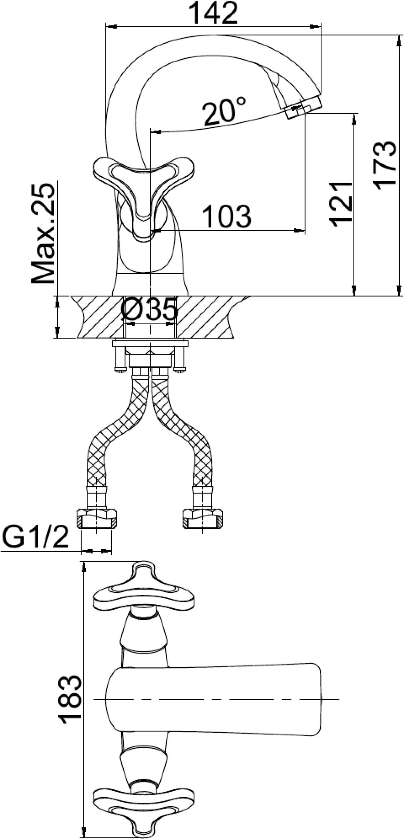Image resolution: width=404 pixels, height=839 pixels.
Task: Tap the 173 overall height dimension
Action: point(385,166)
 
